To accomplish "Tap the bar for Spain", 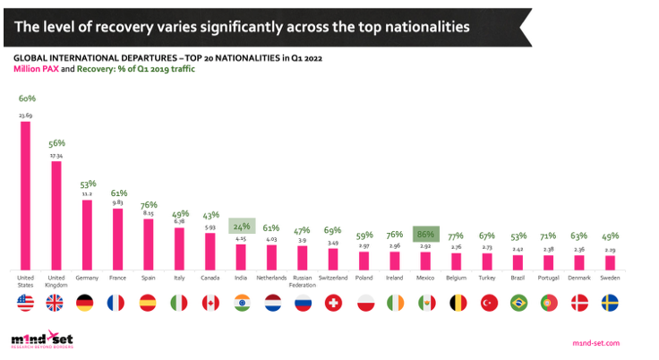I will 148,244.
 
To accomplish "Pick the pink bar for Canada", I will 210,252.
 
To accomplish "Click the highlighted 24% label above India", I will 241,227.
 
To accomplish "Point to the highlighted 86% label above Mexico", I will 425,235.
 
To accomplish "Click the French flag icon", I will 117,304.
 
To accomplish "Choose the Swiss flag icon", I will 333,304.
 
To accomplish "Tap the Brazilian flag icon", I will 518,304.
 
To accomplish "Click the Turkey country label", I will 487,279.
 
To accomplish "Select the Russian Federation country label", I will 303,281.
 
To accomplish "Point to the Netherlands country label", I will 271,279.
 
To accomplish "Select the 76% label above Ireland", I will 395,236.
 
